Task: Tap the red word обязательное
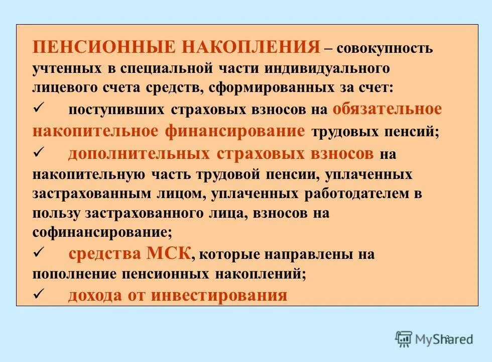coord(387,109)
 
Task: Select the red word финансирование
coord(234,131)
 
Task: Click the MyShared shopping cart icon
coord(404,338)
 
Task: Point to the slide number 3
coord(447,338)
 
